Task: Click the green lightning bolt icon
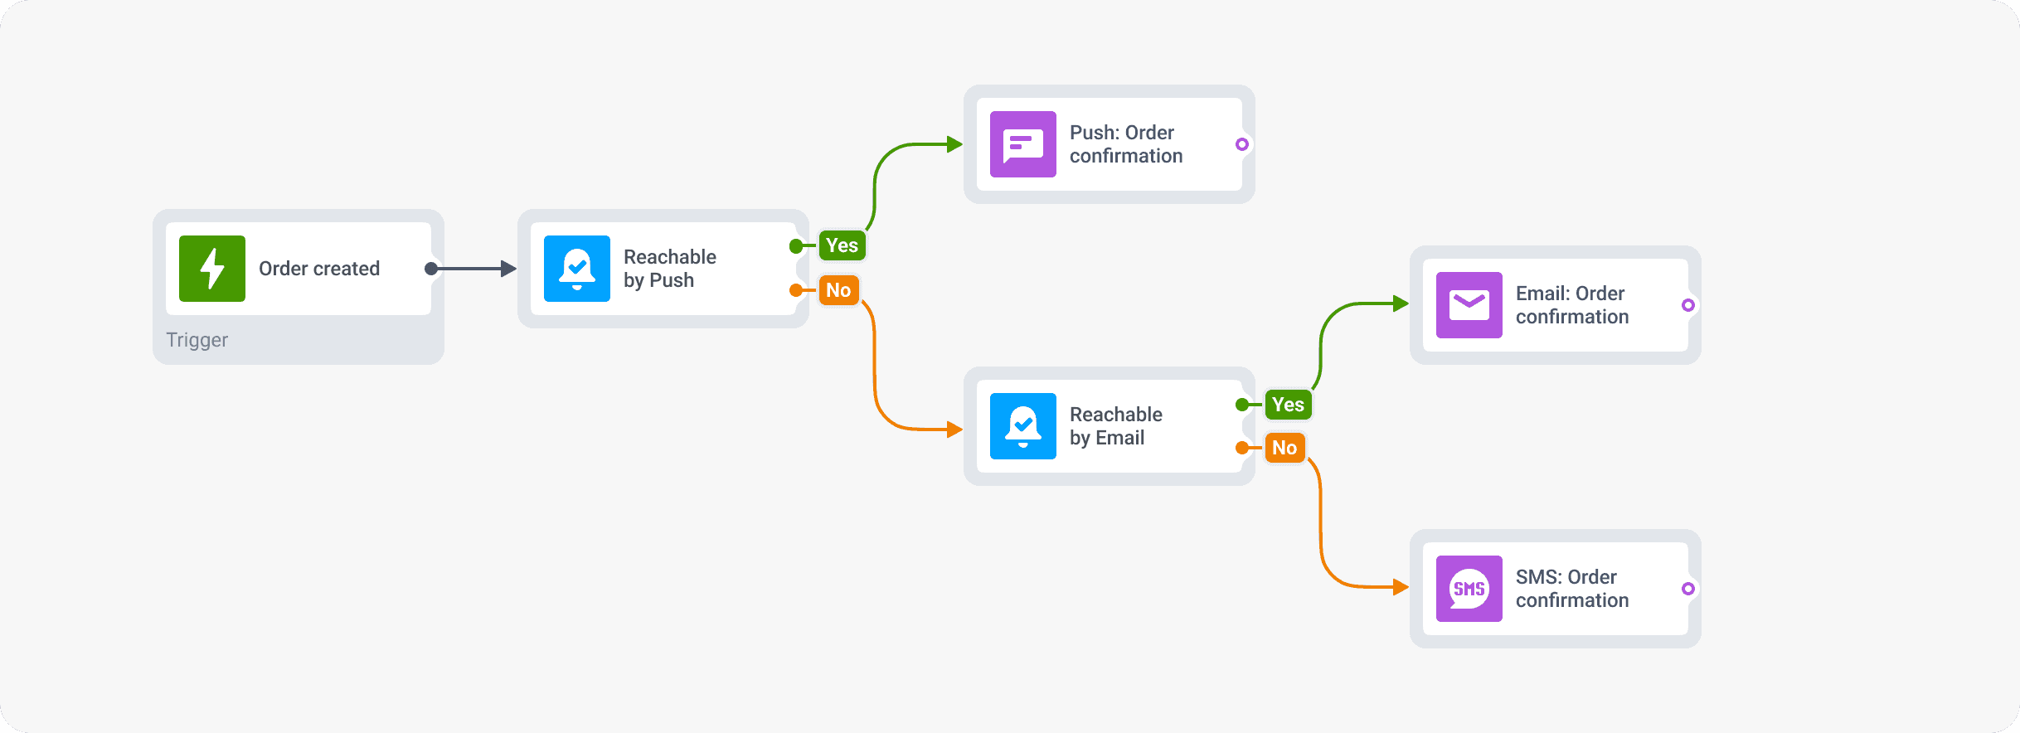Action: [x=212, y=269]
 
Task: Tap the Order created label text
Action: [x=319, y=269]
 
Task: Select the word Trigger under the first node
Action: [x=197, y=340]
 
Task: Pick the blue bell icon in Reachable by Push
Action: [x=577, y=269]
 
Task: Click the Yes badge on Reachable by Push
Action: [x=842, y=245]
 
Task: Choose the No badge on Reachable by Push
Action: [x=838, y=290]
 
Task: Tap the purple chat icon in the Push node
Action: [x=1023, y=144]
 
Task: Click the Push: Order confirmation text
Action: [x=1125, y=144]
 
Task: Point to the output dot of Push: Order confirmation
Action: [x=1241, y=144]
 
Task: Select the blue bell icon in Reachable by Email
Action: [x=1023, y=426]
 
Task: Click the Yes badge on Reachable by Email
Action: [x=1288, y=405]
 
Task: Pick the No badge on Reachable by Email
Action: [x=1284, y=448]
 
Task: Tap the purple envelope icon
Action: [x=1469, y=305]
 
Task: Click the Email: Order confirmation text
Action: [x=1571, y=305]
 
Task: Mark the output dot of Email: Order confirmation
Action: [x=1687, y=305]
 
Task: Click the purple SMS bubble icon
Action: [x=1469, y=589]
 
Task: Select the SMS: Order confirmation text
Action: [x=1571, y=589]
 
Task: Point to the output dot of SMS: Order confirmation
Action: [x=1687, y=589]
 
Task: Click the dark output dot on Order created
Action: [x=431, y=269]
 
